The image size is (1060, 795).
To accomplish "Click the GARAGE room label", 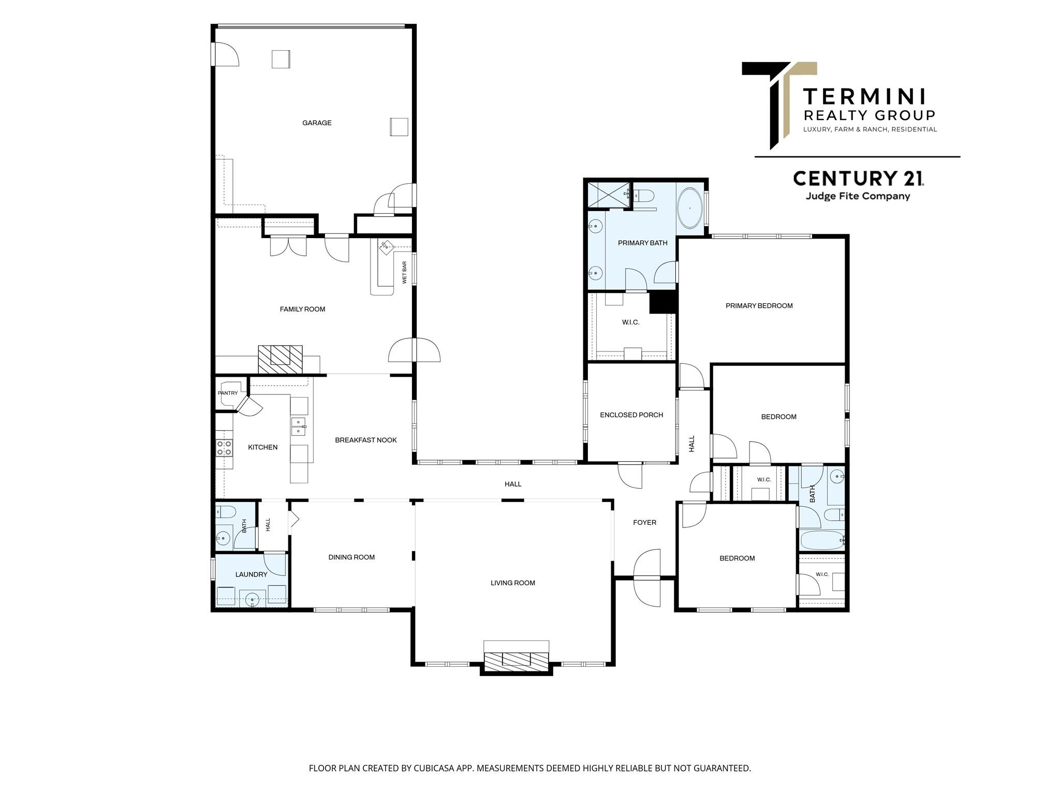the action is click(317, 123).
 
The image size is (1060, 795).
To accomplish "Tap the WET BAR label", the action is click(404, 272).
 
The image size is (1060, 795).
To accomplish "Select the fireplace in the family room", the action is click(280, 359).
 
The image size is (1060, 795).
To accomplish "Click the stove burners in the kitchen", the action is click(224, 448).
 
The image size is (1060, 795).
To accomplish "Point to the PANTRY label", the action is click(228, 393).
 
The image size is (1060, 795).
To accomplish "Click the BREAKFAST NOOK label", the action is click(366, 440).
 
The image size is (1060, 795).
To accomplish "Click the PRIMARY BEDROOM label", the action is click(759, 306).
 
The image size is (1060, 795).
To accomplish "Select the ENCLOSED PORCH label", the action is click(631, 415).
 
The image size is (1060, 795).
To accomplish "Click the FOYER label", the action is click(644, 522).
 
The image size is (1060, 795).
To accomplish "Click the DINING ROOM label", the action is click(351, 557).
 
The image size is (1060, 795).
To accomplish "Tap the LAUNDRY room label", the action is click(251, 574).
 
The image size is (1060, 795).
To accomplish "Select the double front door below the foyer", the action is click(647, 578).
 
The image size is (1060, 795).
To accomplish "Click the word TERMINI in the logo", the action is click(864, 97).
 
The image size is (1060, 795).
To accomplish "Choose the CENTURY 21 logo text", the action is click(858, 179).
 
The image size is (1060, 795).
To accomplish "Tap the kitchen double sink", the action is click(299, 426).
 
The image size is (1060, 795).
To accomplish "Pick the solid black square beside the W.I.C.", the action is click(663, 302).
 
